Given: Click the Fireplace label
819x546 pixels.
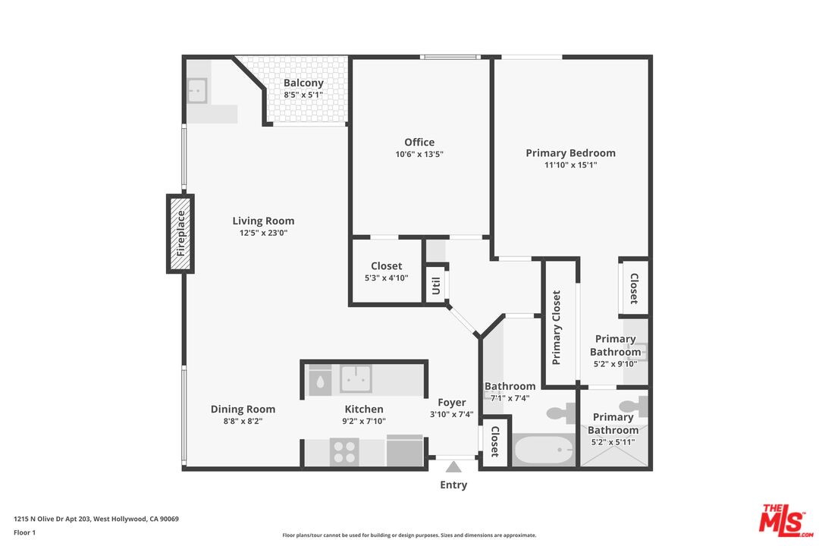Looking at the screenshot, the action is coord(180,234).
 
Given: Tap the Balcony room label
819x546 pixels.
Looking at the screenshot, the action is coord(303,83).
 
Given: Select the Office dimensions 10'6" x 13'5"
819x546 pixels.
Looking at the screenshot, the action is coord(419,154).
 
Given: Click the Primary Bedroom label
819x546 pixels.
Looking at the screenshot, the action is coord(570,153).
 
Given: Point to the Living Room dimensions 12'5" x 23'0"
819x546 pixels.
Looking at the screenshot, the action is coord(263,233).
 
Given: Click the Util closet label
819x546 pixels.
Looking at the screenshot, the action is coord(436,285).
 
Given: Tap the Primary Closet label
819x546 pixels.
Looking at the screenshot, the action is coord(557,328).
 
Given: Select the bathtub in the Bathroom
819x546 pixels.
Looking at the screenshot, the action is coord(544,450).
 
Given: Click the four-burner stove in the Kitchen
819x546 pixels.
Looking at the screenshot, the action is coord(344,452).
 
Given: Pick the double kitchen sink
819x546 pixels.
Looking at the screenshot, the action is coord(356,379).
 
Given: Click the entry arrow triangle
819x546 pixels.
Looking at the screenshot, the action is coord(453,467).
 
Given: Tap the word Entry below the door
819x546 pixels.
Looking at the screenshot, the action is coord(453,485).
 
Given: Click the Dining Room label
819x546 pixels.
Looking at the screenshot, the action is coord(243,409).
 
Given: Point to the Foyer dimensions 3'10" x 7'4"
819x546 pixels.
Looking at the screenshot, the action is coord(451,414).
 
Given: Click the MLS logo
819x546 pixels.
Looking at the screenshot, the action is coord(786,520).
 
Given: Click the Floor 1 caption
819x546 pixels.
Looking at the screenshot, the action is coord(24,532).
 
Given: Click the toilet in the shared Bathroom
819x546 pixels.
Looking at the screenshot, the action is coord(561,413).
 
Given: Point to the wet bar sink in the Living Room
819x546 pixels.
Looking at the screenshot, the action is coord(197,91).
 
